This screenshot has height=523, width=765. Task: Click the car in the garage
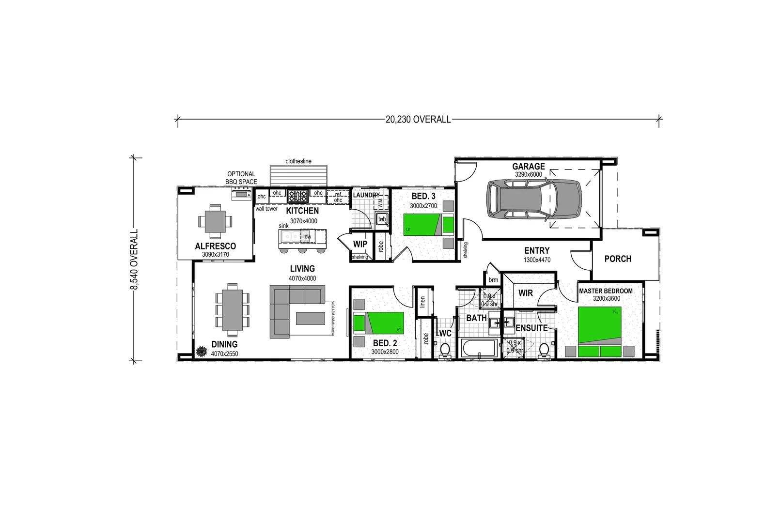(533, 199)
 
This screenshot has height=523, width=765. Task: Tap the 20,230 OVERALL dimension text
(418, 119)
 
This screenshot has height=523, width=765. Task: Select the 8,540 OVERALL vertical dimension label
(134, 260)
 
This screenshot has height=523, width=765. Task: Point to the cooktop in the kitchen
(298, 196)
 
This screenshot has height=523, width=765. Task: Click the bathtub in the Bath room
(479, 348)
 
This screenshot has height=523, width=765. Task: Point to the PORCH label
(618, 259)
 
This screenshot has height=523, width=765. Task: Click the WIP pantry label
(360, 244)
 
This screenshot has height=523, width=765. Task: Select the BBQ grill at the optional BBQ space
(241, 195)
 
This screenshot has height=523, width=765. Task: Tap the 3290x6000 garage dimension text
(528, 174)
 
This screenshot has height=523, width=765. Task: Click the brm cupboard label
(493, 280)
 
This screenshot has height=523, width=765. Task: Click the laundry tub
(382, 219)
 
